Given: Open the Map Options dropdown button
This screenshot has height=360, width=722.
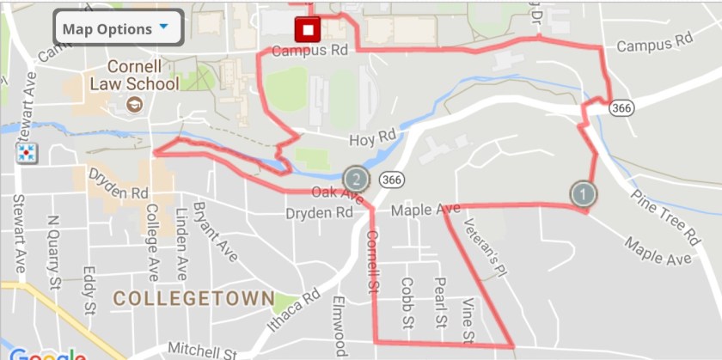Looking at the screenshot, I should (x=119, y=28).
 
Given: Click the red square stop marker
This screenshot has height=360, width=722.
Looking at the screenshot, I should (x=307, y=32).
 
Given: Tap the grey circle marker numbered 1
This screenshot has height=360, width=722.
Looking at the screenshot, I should (x=583, y=193).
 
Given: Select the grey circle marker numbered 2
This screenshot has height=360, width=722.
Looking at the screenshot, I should (x=356, y=179).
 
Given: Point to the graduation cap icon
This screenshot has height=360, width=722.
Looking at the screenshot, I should (x=134, y=104).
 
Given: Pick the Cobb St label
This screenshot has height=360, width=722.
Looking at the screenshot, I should (x=407, y=301).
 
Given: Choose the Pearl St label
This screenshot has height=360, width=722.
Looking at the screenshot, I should (x=439, y=302).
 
